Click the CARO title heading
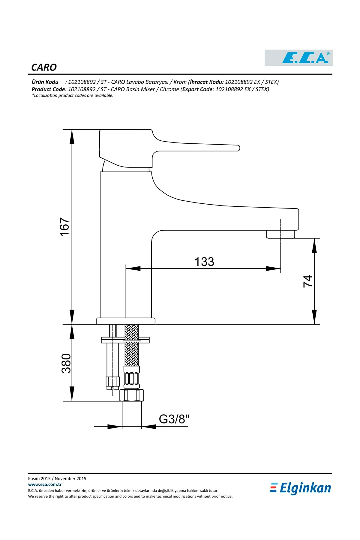click(44, 67)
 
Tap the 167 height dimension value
click(65, 227)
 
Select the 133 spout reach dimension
click(204, 262)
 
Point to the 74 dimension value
click(308, 281)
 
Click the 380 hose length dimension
click(66, 363)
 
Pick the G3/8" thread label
click(174, 419)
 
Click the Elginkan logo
click(301, 488)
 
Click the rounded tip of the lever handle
click(238, 148)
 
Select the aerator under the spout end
click(280, 234)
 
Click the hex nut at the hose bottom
click(132, 395)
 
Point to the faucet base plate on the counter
click(126, 321)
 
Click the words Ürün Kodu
click(45, 82)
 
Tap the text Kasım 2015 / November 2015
click(57, 478)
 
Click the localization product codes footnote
click(73, 95)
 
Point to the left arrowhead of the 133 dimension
click(133, 268)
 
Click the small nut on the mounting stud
click(112, 382)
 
